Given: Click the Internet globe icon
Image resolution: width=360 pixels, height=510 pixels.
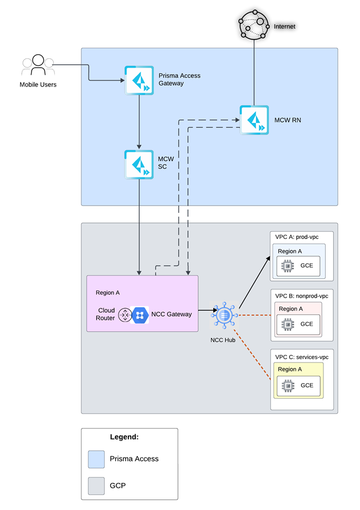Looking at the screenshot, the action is (254, 24).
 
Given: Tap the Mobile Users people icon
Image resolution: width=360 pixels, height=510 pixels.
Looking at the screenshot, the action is (38, 65).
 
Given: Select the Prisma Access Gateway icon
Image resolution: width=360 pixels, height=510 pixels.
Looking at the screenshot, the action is (139, 80).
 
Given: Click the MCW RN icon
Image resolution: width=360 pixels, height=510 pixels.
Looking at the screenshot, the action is (254, 120).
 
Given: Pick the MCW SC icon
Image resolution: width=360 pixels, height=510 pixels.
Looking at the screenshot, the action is (139, 164).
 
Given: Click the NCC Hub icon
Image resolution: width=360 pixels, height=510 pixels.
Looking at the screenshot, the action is (224, 315).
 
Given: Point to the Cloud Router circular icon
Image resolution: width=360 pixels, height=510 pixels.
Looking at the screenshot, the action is (125, 315).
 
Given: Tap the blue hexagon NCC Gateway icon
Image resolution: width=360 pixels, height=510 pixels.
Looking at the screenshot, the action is (140, 315).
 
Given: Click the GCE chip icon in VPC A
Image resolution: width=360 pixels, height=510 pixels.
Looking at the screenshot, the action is (287, 266).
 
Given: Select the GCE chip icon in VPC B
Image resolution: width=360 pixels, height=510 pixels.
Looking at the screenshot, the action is (287, 324).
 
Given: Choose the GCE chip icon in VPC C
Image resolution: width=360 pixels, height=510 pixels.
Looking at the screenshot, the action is (288, 386).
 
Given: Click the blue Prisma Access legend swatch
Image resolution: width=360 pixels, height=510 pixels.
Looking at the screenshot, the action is (96, 459).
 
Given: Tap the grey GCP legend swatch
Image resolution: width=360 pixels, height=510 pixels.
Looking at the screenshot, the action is (96, 486).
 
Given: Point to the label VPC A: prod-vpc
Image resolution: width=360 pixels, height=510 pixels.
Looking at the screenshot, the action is (297, 237).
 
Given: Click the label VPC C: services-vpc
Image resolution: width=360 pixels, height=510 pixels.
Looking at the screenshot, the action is (302, 357).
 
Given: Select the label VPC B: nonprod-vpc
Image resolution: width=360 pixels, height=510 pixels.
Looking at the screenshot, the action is (302, 296).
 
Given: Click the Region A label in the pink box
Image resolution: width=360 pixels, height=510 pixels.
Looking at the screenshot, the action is (107, 293).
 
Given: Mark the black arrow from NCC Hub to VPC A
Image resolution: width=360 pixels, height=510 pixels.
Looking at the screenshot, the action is (254, 282).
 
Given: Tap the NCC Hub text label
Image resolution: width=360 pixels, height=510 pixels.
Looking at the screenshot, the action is (223, 340).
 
